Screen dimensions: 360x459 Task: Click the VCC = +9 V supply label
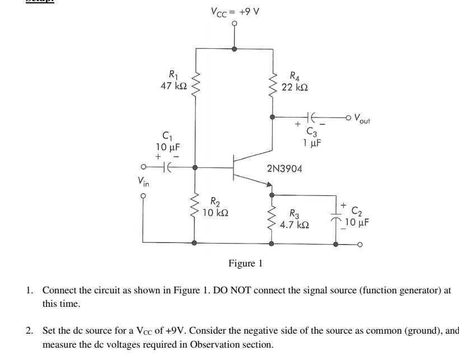click(x=235, y=11)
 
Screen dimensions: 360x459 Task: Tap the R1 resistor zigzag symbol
click(x=195, y=83)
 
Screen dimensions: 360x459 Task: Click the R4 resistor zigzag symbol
click(x=273, y=83)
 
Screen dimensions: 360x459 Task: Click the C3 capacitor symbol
click(x=312, y=117)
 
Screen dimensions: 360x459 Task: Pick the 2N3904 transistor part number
click(x=285, y=168)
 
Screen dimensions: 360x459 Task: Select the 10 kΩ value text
click(x=214, y=213)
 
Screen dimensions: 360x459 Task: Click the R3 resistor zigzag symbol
click(x=273, y=218)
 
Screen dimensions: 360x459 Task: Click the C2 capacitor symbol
click(x=336, y=216)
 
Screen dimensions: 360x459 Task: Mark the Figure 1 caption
click(x=245, y=263)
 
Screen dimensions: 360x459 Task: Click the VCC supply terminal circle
click(x=235, y=24)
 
